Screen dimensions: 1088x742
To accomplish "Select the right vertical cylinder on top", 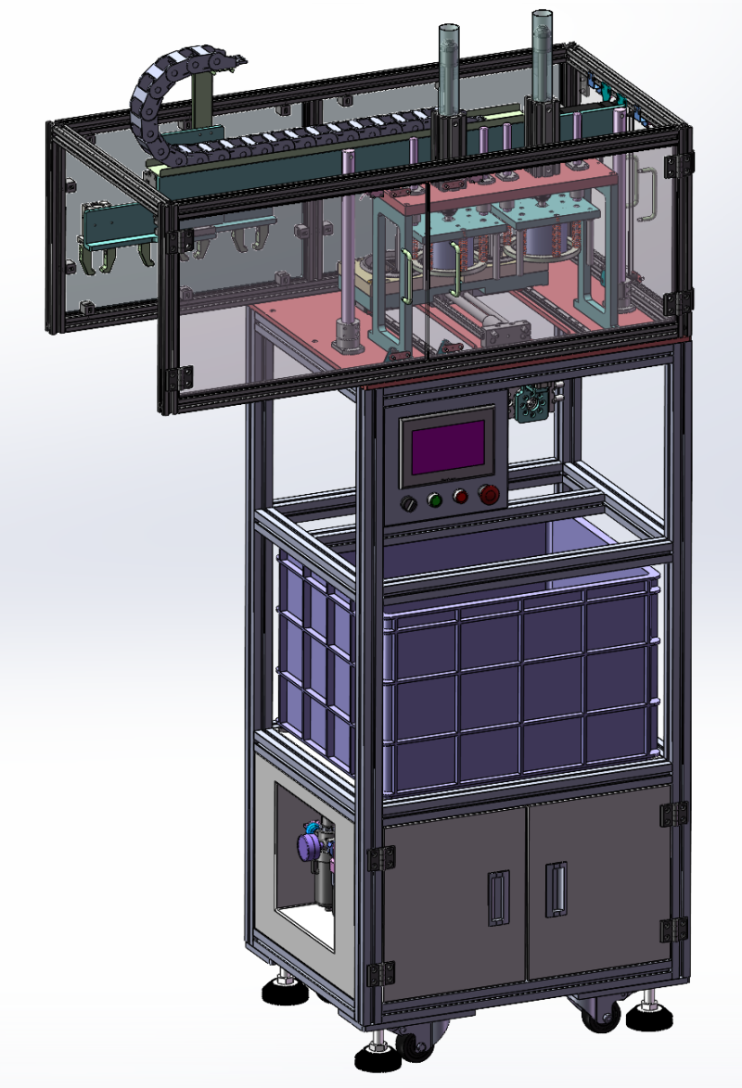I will click(x=543, y=51).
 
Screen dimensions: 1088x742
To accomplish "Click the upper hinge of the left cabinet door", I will click(x=379, y=858).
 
